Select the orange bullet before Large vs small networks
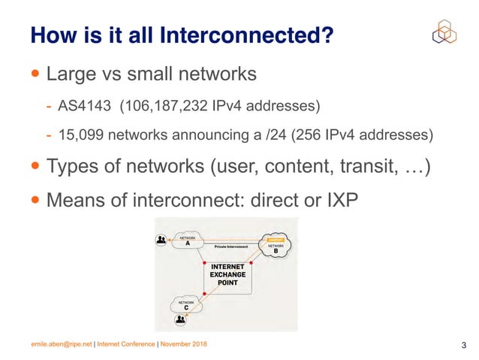(x=36, y=74)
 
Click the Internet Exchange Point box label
(x=227, y=275)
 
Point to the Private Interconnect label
(x=231, y=246)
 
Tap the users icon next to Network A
(x=161, y=241)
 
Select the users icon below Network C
(x=180, y=321)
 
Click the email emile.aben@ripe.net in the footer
(x=60, y=344)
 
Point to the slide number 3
(x=463, y=345)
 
